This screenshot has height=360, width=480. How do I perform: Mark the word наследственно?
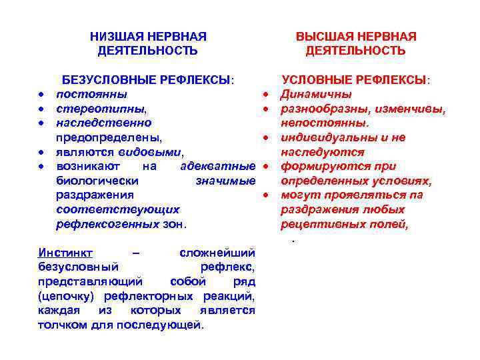pos(104,123)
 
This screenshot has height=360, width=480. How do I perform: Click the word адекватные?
pos(218,166)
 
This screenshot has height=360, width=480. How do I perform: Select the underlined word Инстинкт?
pos(65,253)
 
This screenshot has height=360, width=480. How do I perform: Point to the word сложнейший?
pos(218,253)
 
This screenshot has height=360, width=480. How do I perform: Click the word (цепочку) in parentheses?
pos(67,296)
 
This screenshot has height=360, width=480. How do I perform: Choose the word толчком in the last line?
pos(63,325)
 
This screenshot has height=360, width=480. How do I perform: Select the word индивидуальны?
pos(327,137)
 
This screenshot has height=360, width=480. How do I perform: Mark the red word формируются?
pos(319,166)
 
